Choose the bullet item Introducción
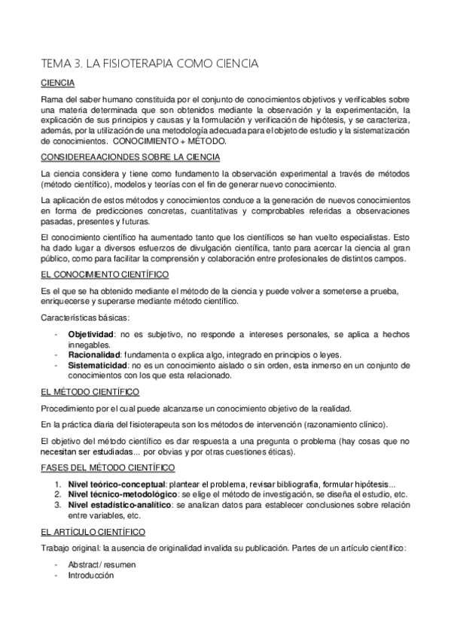pyautogui.click(x=90, y=575)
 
